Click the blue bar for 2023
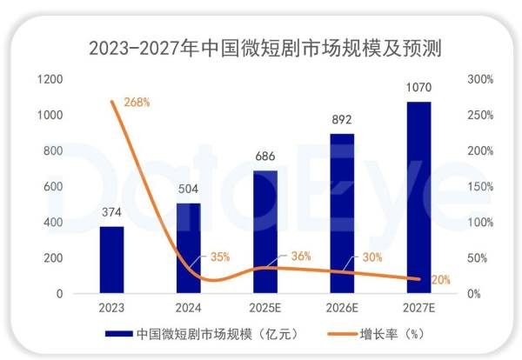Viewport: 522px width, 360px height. coord(111,260)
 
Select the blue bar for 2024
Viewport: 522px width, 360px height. coord(188,249)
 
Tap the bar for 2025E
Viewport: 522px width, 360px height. coord(265,232)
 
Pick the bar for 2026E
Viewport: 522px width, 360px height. coord(343,214)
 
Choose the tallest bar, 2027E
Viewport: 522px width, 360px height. coord(419,197)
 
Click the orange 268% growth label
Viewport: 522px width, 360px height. coord(137,102)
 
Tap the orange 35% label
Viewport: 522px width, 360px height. coord(219,257)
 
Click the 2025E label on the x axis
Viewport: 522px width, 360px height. coord(265,308)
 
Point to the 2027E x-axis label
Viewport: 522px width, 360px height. coord(419,308)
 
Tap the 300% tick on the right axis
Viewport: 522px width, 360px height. coord(481,79)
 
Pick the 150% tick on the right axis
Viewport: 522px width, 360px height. coord(481,186)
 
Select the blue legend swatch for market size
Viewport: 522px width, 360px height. coord(118,333)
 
